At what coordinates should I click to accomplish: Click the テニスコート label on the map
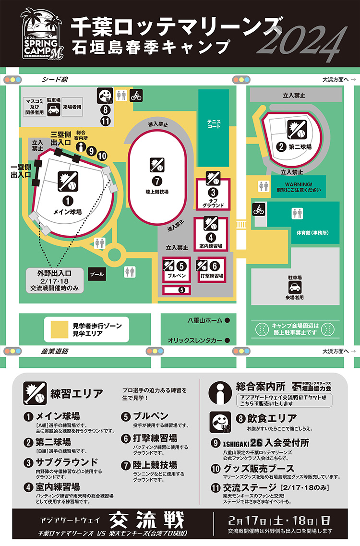pyautogui.click(x=214, y=123)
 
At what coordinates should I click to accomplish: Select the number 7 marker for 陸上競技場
pyautogui.click(x=156, y=181)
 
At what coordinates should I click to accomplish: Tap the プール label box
pyautogui.click(x=97, y=274)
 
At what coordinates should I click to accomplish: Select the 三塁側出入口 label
pyautogui.click(x=61, y=138)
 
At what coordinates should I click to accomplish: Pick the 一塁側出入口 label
pyautogui.click(x=21, y=170)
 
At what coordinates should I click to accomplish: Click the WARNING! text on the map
pyautogui.click(x=299, y=184)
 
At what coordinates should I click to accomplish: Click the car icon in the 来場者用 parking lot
pyautogui.click(x=294, y=288)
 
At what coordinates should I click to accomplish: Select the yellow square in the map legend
pyautogui.click(x=59, y=329)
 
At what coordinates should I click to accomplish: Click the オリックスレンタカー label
pyautogui.click(x=195, y=340)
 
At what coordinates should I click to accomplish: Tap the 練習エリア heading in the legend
pyautogui.click(x=76, y=394)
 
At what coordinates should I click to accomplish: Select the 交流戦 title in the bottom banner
pyautogui.click(x=146, y=519)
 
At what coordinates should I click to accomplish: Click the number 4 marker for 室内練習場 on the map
pyautogui.click(x=210, y=237)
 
